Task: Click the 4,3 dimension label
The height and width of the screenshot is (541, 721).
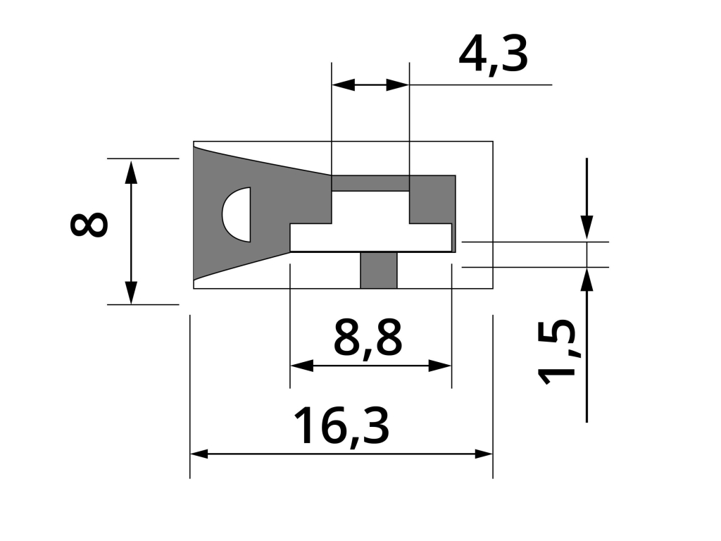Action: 493,56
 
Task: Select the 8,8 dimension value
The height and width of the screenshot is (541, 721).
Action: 368,339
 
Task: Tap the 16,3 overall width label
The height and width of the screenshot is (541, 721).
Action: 341,426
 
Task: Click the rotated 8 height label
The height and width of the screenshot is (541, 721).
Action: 89,224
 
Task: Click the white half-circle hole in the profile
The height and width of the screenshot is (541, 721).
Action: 237,214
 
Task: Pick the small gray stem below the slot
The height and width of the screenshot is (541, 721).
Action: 378,270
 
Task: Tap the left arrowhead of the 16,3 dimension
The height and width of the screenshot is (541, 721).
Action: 199,454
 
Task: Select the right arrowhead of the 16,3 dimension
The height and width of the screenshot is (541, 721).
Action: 484,454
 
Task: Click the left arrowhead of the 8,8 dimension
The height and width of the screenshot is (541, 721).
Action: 301,366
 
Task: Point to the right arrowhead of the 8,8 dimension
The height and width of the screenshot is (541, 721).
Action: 439,366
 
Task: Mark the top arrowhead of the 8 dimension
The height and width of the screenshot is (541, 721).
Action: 131,173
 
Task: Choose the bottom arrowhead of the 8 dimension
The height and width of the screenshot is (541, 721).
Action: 131,292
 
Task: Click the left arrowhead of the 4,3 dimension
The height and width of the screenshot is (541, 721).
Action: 343,85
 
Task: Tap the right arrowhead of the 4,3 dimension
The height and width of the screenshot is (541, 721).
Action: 398,85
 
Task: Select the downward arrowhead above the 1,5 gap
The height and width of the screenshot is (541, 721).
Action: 587,228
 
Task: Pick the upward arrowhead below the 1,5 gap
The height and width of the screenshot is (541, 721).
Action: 587,280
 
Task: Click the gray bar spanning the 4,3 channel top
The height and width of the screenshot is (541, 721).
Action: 370,183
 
